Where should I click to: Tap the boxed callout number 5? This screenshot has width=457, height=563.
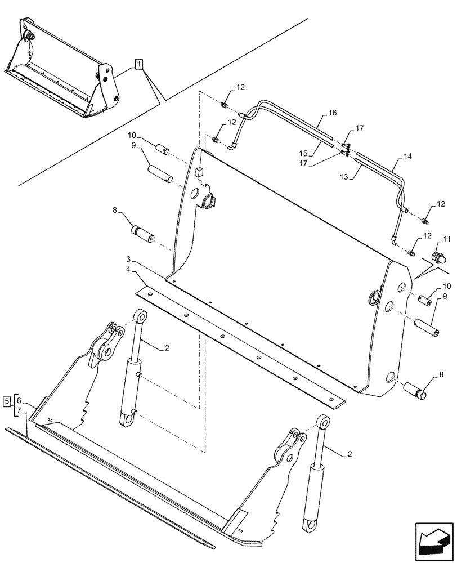[x=7, y=401]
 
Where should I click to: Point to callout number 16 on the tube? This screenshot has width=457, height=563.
[x=332, y=113]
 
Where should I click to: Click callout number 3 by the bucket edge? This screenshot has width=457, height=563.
[x=128, y=260]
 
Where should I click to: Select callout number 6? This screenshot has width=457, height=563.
[x=19, y=400]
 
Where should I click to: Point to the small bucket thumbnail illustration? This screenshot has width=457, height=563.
[x=62, y=70]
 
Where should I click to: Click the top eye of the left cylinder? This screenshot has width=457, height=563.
[x=138, y=316]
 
